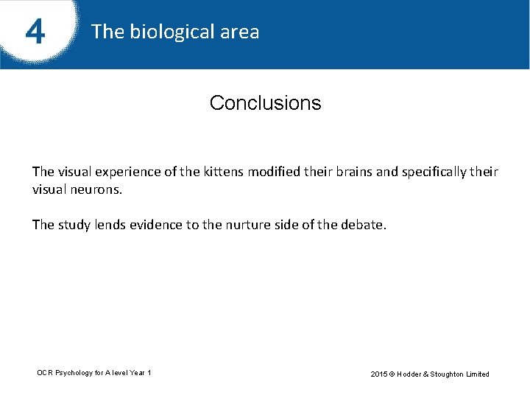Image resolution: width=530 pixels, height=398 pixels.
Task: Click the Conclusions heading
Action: [265, 103]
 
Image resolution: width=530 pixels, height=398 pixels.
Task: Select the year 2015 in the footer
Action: [379, 374]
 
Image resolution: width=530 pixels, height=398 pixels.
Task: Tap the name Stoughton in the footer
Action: [445, 374]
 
